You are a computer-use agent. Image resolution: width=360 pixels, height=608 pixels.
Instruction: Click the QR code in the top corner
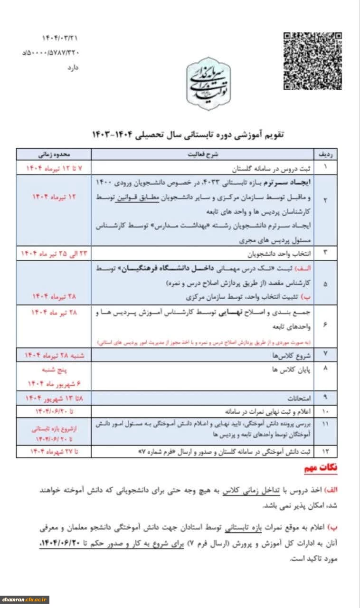313,61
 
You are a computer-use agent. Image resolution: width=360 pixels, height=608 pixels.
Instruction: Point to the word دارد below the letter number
72,67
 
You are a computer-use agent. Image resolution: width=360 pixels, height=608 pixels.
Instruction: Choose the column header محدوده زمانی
54,154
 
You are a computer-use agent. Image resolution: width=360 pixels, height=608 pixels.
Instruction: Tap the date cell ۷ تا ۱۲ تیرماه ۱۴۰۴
53,168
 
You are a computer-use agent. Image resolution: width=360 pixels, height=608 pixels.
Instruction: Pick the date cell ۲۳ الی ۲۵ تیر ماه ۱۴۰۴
53,252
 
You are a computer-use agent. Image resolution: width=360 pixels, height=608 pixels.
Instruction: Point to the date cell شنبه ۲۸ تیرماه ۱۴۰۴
53,355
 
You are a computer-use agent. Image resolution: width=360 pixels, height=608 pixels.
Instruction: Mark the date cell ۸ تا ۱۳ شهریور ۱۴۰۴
53,398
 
